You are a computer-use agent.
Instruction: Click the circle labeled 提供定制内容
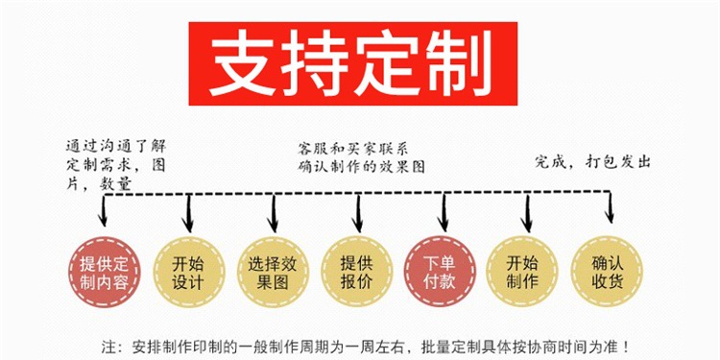click(x=105, y=272)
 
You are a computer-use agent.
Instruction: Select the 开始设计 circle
click(x=188, y=272)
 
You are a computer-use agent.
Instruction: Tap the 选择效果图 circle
click(x=273, y=272)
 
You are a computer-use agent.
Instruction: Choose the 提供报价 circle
click(x=357, y=272)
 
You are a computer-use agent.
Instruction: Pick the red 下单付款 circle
click(x=441, y=272)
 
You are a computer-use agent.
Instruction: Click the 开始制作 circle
click(x=522, y=272)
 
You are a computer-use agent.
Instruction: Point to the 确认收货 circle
click(x=607, y=272)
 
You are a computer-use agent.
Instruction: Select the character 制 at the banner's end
click(x=457, y=62)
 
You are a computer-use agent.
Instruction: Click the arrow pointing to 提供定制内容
click(x=103, y=210)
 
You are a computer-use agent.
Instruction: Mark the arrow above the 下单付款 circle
click(x=444, y=212)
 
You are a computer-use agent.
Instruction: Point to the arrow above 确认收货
click(x=610, y=207)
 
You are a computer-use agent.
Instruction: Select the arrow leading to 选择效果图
click(x=273, y=213)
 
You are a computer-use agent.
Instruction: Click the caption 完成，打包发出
click(x=592, y=162)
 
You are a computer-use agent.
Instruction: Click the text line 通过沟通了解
click(x=116, y=147)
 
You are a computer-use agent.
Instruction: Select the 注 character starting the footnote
click(x=108, y=346)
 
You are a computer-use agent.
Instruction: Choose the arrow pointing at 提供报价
click(x=359, y=213)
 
